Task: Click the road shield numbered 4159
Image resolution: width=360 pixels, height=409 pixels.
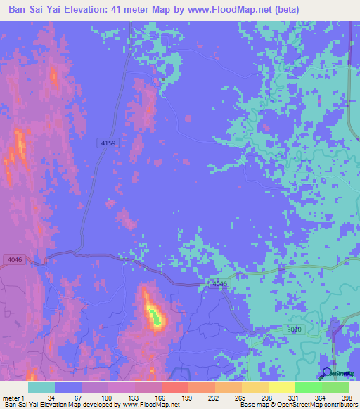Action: tap(108, 143)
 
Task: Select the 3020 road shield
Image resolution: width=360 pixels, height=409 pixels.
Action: tap(295, 329)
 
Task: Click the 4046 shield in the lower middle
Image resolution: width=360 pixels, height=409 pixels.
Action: tap(220, 284)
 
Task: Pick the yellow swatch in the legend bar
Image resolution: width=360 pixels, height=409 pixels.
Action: tap(281, 387)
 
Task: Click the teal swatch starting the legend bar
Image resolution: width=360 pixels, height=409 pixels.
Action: tap(41, 387)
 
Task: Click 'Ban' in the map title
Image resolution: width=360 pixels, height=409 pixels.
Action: tap(19, 9)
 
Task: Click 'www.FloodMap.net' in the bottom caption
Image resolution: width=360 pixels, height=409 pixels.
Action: tap(150, 405)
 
